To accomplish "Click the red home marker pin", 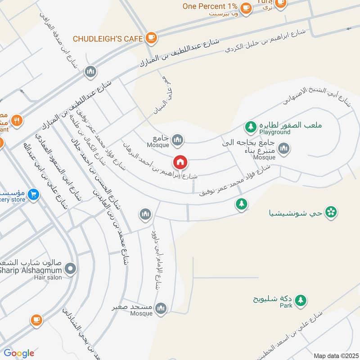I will tap(180, 162).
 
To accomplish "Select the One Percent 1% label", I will tap(210, 6).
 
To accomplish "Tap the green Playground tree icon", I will tap(251, 126).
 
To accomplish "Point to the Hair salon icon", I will tap(70, 270).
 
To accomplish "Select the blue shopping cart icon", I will tap(33, 195).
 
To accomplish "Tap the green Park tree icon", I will tap(300, 299).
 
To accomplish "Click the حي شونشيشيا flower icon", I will tap(331, 211).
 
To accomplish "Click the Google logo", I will tap(19, 353).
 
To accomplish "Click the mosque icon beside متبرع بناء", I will tap(283, 148).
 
